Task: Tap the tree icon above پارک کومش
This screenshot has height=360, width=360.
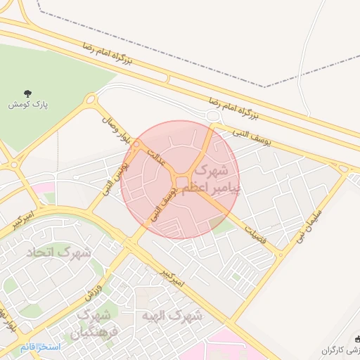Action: (27, 93)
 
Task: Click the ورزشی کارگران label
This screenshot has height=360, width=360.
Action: (342, 349)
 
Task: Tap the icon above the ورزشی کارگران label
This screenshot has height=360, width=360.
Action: (356, 337)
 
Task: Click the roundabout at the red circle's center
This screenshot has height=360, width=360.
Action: (183, 183)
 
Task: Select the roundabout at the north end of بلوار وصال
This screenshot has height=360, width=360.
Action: (90, 100)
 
